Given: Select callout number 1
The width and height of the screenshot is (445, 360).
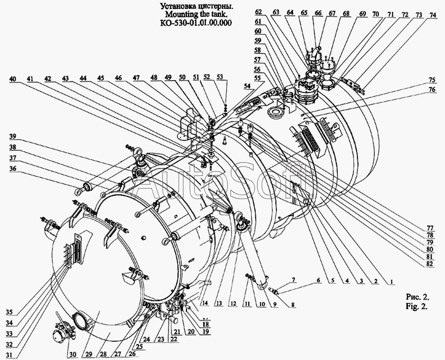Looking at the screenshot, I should tap(390, 281).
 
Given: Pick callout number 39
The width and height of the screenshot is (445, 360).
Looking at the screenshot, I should tap(13, 136).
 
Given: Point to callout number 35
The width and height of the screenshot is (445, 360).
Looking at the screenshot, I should tap(12, 311).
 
